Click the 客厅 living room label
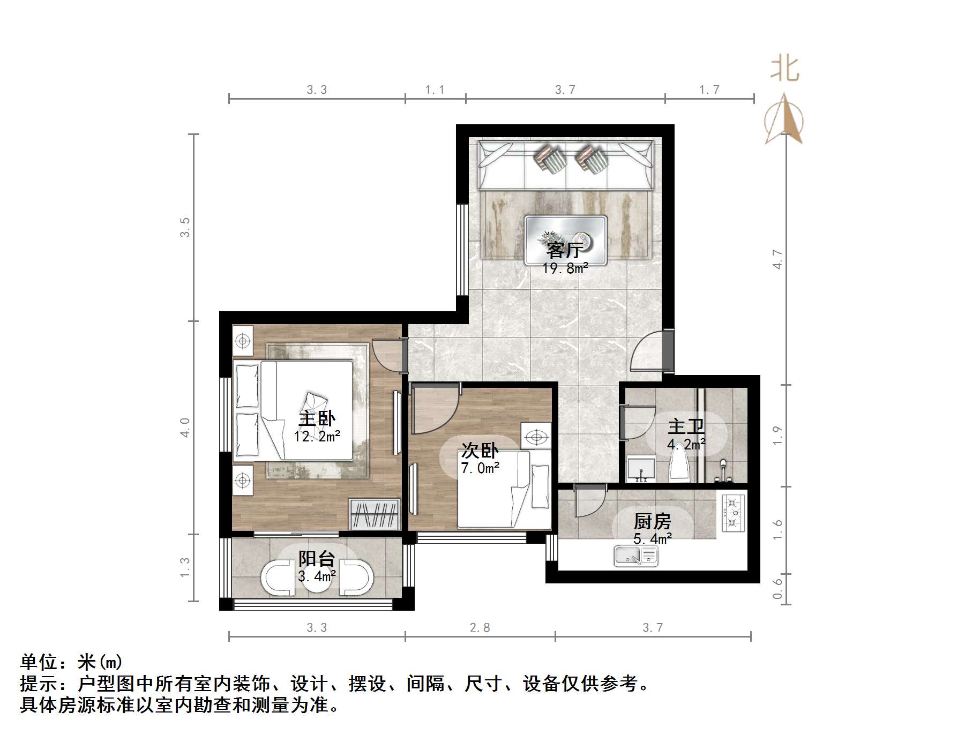tap(565, 250)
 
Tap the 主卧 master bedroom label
tap(317, 418)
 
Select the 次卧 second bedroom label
tap(480, 451)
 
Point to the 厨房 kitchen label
tap(652, 521)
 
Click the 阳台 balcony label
tap(317, 559)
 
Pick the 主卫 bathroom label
tap(686, 427)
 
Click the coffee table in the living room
tap(566, 240)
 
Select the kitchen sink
tap(636, 556)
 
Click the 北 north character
tap(785, 70)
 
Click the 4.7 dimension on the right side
tap(777, 260)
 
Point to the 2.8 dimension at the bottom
tap(480, 627)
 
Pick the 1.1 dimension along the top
tap(435, 90)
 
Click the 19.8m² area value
tap(565, 268)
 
